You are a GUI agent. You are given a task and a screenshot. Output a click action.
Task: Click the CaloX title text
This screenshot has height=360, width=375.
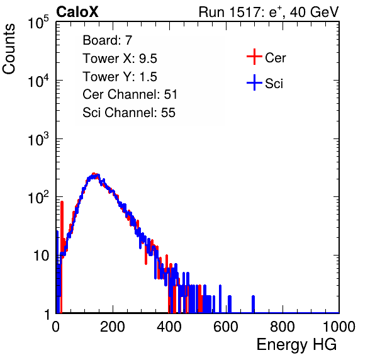pyautogui.click(x=77, y=12)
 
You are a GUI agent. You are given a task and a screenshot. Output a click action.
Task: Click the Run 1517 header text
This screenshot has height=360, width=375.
pyautogui.click(x=269, y=12)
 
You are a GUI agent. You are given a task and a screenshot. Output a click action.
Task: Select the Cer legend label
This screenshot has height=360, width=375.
pyautogui.click(x=275, y=58)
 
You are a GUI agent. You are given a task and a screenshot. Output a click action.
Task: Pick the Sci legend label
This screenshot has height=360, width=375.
pyautogui.click(x=274, y=84)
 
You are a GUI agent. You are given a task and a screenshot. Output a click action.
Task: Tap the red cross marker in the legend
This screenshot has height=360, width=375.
pyautogui.click(x=254, y=57)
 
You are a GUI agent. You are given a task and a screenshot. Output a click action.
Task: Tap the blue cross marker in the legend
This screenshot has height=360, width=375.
pyautogui.click(x=254, y=82)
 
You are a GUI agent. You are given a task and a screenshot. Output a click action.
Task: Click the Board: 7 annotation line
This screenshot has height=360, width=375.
pyautogui.click(x=108, y=40)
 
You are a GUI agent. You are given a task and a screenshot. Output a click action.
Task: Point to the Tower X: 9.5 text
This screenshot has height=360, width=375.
pyautogui.click(x=120, y=59)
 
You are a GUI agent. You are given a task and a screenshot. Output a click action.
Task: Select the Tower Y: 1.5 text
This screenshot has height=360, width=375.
pyautogui.click(x=120, y=77)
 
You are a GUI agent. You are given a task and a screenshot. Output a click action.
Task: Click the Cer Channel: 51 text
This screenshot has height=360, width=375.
pyautogui.click(x=130, y=94)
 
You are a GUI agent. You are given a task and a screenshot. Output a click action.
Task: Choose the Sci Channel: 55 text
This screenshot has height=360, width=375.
pyautogui.click(x=129, y=113)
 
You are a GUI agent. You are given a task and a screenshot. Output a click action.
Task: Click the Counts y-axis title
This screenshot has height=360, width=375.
pyautogui.click(x=9, y=49)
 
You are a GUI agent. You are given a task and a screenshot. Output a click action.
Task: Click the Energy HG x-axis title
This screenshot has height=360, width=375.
pyautogui.click(x=296, y=345)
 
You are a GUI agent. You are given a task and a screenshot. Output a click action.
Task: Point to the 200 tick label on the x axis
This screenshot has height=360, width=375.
pyautogui.click(x=113, y=327)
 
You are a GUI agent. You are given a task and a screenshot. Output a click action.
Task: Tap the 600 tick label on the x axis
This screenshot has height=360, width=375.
pyautogui.click(x=226, y=327)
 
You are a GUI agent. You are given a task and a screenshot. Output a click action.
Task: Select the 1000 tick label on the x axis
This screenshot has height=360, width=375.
pyautogui.click(x=339, y=327)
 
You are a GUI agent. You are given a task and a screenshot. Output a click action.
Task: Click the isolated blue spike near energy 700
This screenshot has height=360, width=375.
pyautogui.click(x=254, y=304)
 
